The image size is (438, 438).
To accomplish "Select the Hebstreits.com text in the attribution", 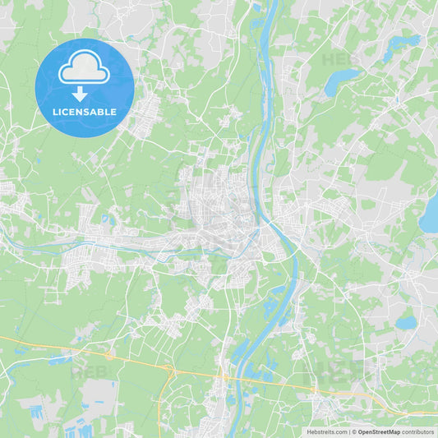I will (327, 431).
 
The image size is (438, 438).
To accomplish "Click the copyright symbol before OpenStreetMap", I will (354, 431).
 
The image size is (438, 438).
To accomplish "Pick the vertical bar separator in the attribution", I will (349, 431).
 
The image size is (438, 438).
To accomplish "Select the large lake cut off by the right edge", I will (430, 215).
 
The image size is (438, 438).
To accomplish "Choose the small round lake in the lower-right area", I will (406, 322).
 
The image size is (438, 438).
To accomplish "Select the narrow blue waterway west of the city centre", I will (99, 244).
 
